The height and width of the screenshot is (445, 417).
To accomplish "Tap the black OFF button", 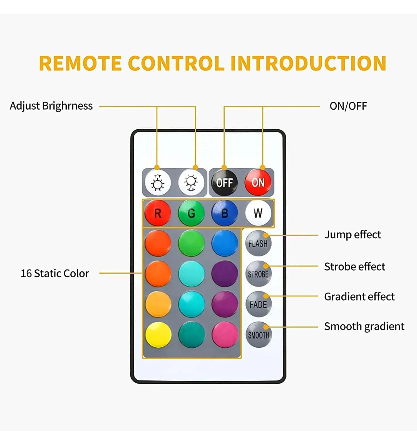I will tap(224, 183).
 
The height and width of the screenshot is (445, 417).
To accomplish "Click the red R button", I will tap(158, 213).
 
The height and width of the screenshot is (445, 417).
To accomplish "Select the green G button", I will tap(191, 213).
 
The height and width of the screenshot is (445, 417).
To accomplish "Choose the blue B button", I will tap(225, 213).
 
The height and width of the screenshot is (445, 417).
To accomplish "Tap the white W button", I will tap(258, 213).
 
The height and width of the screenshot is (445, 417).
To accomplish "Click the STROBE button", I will tap(258, 274).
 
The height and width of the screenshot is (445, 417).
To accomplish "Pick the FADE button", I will tap(258, 304).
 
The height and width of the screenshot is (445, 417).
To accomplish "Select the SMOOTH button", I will tap(259, 335).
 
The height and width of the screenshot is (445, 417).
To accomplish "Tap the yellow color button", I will tap(158, 335).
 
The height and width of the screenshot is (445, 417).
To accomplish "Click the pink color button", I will tap(225, 335).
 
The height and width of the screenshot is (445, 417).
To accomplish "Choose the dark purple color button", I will tap(225, 274).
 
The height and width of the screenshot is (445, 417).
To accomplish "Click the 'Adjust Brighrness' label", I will tap(51, 106).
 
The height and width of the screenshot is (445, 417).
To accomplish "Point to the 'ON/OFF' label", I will tap(348, 106).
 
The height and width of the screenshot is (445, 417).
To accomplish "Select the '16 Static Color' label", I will tap(55, 273).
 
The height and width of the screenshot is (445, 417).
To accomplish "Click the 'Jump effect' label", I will tap(353, 235).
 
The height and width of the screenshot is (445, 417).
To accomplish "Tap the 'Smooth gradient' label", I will tap(364, 326).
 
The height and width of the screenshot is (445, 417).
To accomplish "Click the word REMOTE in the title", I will tap(80, 63).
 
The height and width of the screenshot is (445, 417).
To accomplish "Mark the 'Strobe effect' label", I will tap(354, 266).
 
